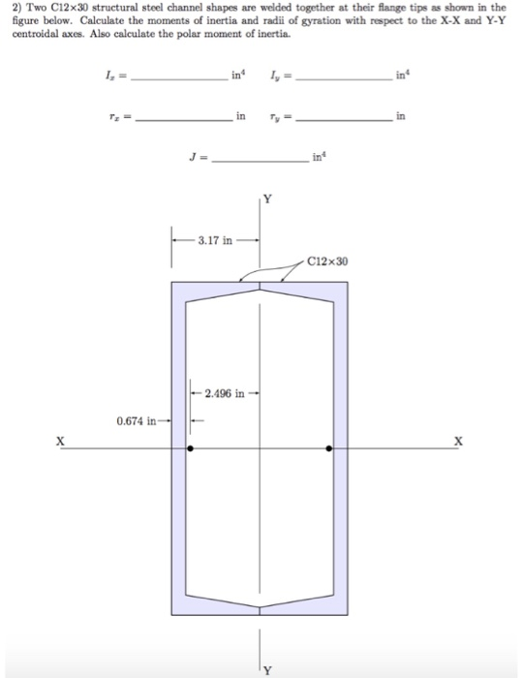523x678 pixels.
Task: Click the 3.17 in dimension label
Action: point(213,240)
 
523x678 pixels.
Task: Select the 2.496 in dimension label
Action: point(225,394)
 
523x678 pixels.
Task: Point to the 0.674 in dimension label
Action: point(137,421)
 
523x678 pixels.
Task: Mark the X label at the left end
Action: point(60,440)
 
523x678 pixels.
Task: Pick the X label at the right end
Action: point(461,440)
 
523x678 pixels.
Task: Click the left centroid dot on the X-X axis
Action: point(190,448)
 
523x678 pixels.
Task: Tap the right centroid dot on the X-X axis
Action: point(330,448)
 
